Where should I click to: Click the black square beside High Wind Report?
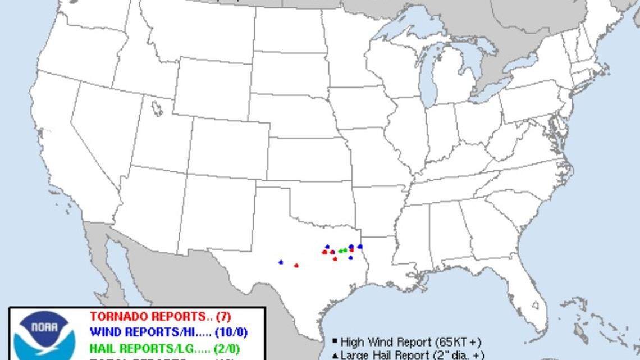(x=334, y=341)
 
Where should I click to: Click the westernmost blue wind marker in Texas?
(x=281, y=262)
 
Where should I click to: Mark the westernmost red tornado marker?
(x=296, y=265)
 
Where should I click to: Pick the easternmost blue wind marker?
(x=360, y=247)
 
